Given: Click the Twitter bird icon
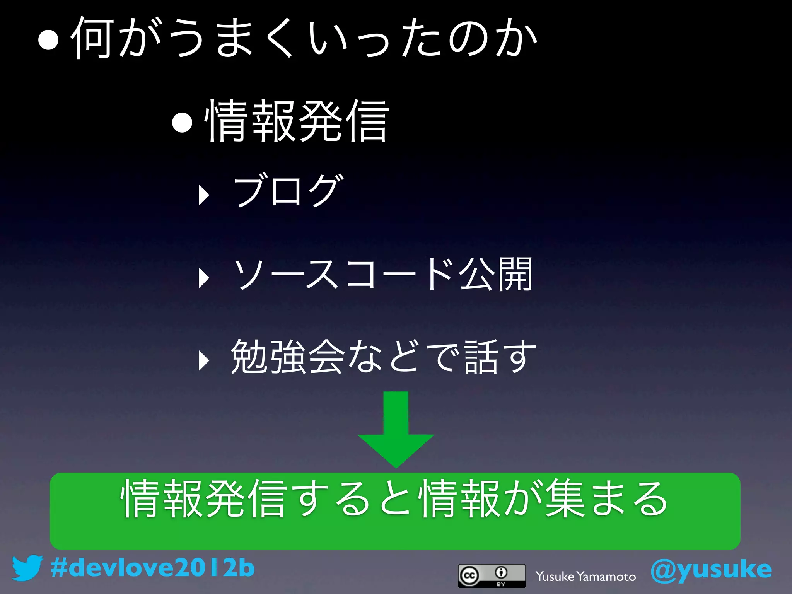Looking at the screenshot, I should point(27,568).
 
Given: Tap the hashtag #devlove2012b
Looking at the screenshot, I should point(152,568).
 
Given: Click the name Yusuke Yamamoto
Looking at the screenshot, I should point(585,577).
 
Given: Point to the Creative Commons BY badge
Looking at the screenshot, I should point(492,575).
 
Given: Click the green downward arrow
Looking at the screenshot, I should point(396,429).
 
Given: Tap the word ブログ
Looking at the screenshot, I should point(288,191).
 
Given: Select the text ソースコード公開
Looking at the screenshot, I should point(383,274).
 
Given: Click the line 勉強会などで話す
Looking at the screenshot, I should point(383,357).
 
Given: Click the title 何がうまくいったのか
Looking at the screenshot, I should point(304,38).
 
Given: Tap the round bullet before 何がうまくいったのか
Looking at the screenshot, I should point(48,40).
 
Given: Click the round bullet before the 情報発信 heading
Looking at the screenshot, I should point(182,122).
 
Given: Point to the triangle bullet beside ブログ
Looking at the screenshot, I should point(203,195).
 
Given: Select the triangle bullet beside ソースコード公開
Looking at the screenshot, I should point(203,278).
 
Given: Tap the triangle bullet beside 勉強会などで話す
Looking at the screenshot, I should point(203,360).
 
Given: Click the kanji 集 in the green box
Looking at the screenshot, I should point(564,498).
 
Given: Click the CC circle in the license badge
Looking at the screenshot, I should point(469,575).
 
